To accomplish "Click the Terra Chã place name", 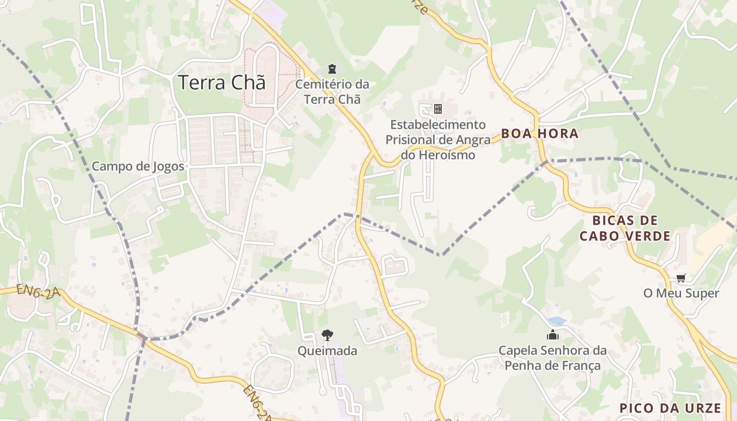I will click(221, 83).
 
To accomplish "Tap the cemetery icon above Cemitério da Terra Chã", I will click(332, 69).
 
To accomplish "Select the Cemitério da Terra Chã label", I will click(332, 92).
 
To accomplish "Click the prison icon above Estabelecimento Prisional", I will click(437, 109).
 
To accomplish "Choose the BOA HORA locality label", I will click(540, 134).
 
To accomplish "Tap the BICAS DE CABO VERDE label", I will click(625, 228).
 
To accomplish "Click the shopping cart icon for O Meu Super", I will click(681, 278).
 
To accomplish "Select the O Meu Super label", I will click(681, 293).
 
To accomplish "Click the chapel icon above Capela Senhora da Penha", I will click(552, 335).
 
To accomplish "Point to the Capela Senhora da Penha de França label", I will click(552, 358).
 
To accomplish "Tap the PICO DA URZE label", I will click(670, 408).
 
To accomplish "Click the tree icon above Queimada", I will click(327, 335).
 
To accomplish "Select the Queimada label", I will click(327, 350).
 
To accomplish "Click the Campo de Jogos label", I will click(138, 166).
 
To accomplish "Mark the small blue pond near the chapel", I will click(556, 320).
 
